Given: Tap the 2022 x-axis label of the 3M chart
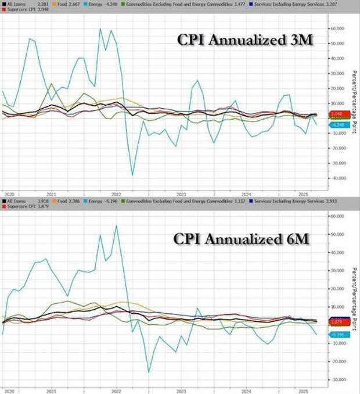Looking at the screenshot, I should coord(116,194).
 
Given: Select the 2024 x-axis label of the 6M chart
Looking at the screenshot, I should coord(246,390).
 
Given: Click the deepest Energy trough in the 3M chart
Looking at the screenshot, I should coord(132,175).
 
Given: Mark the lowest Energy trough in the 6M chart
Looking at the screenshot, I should coord(149,372).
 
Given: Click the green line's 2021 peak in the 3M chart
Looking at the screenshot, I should coord(51,84).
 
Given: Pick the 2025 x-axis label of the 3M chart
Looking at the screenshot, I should coord(294,194).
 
